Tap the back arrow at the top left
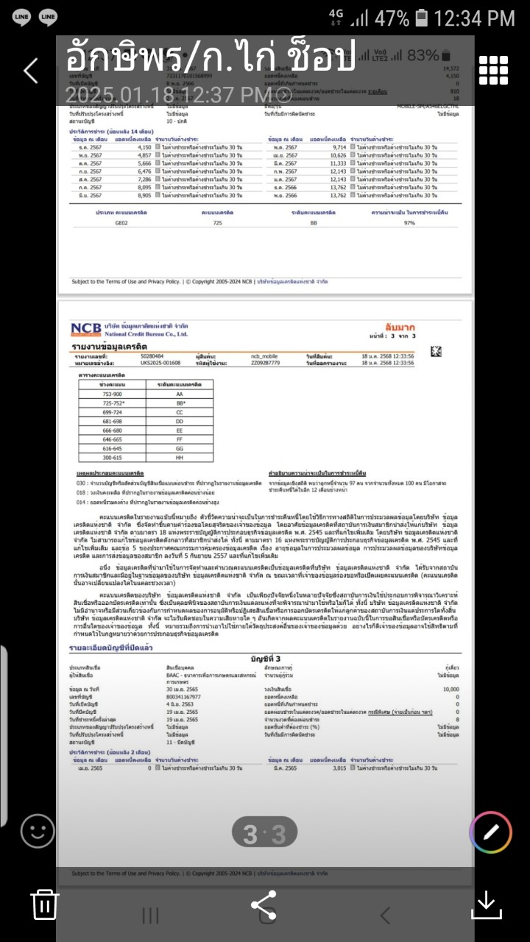30,71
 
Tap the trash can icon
44,904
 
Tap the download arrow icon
486,904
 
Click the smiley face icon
38,832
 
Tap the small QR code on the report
436,351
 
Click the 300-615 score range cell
113,457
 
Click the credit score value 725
217,222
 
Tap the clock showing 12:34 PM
474,18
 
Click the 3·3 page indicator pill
264,834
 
